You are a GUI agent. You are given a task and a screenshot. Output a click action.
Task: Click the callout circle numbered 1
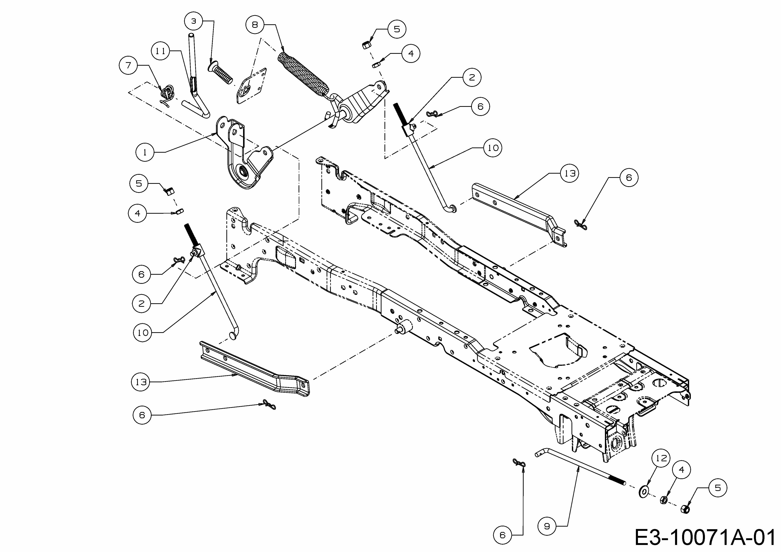tap(145, 152)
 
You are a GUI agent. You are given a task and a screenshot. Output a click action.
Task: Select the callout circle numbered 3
tap(194, 21)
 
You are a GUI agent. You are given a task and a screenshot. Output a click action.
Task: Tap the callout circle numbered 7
tap(128, 65)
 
